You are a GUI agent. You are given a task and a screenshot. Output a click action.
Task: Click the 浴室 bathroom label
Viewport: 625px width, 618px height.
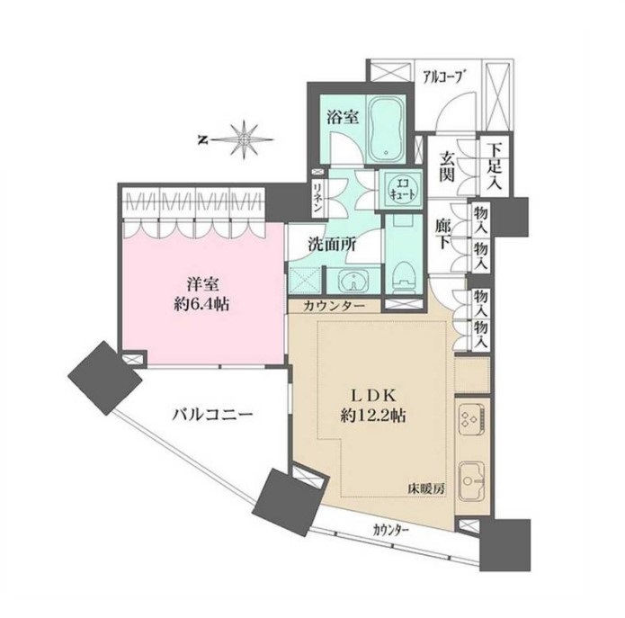(x=343, y=117)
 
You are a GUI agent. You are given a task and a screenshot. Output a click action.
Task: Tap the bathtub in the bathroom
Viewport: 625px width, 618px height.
(x=386, y=129)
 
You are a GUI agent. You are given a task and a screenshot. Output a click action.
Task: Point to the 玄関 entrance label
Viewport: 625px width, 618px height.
(x=447, y=166)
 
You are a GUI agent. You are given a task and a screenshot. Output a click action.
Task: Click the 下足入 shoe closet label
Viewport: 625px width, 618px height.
(x=496, y=166)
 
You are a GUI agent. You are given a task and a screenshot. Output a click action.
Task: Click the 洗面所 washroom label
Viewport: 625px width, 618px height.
(x=332, y=244)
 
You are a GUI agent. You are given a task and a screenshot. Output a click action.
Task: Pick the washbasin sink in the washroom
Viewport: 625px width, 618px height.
(x=353, y=280)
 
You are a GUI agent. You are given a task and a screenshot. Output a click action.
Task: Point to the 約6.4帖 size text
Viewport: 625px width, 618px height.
(x=201, y=305)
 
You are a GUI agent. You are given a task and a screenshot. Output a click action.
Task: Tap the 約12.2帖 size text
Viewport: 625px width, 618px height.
(x=372, y=416)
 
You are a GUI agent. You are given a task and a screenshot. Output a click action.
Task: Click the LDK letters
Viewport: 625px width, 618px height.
(x=372, y=396)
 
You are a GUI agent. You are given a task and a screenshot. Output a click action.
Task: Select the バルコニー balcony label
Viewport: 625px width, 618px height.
(x=212, y=415)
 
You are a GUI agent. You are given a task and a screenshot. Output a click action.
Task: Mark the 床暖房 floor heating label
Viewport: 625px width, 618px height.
(x=425, y=488)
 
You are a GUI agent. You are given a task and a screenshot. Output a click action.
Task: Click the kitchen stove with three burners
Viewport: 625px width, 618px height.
(x=471, y=419)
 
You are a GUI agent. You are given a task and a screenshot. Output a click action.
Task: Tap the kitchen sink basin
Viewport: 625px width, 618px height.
(x=471, y=481)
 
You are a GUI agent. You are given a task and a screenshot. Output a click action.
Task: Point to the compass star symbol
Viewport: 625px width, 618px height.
(x=244, y=140)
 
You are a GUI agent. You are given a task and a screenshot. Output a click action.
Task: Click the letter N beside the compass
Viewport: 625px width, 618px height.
(x=203, y=140)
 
